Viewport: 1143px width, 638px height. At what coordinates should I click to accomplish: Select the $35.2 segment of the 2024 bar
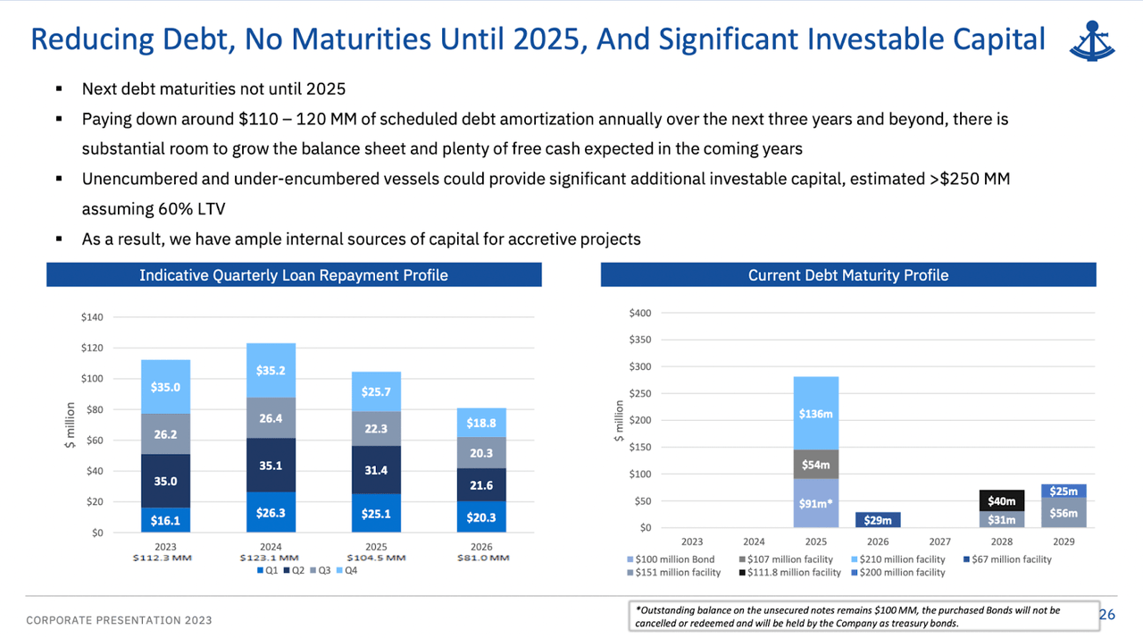(271, 370)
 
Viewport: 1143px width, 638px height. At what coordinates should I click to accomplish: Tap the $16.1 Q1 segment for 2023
(165, 519)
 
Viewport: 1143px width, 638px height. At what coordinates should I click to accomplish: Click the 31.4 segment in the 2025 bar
(376, 470)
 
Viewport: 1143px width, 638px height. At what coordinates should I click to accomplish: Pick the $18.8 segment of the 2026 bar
(480, 423)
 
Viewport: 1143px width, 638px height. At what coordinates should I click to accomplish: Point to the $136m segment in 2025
(816, 414)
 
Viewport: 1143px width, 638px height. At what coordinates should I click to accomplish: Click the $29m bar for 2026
(878, 519)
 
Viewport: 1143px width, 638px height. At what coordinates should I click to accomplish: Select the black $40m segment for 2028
(1002, 500)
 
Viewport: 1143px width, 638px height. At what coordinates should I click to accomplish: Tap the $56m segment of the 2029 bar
(1063, 513)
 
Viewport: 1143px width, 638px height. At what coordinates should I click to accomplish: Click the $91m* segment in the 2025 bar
(816, 503)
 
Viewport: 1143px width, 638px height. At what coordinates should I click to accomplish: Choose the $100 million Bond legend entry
(672, 559)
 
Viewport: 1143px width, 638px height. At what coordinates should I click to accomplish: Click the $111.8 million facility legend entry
(792, 572)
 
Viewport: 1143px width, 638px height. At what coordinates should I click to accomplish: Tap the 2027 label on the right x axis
(939, 541)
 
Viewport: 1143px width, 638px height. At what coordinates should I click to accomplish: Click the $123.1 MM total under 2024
(271, 558)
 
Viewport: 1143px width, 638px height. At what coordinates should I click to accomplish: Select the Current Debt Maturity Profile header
(847, 274)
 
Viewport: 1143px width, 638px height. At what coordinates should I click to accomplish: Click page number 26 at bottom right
(1106, 614)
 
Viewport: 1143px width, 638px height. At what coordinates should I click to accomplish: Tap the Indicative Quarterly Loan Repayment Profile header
(294, 274)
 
